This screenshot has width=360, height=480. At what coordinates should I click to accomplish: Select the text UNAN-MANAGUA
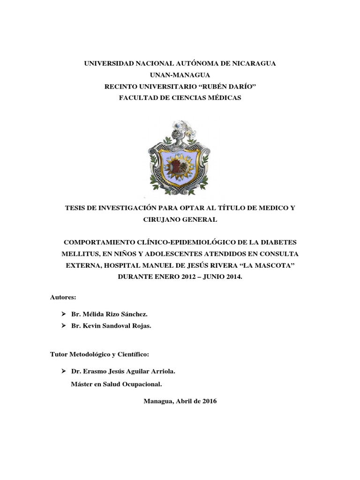click(x=180, y=75)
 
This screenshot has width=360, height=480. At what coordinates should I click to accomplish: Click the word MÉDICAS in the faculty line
click(x=223, y=97)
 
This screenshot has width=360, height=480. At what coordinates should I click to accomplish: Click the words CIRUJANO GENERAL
click(x=180, y=219)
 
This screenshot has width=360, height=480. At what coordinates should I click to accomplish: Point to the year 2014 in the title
click(x=231, y=277)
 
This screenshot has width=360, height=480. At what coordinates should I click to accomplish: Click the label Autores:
click(x=63, y=297)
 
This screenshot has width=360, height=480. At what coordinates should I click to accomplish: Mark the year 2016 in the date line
click(x=208, y=402)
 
